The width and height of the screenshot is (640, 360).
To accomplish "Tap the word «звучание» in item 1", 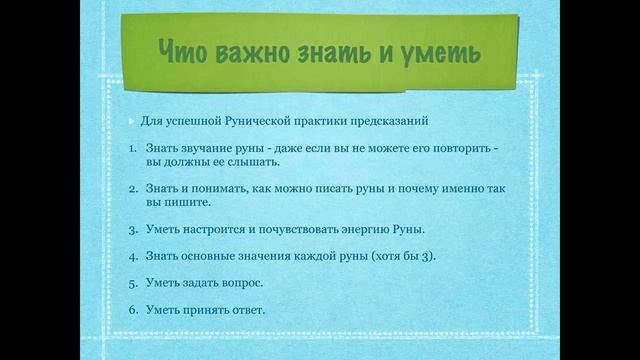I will [205, 148].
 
